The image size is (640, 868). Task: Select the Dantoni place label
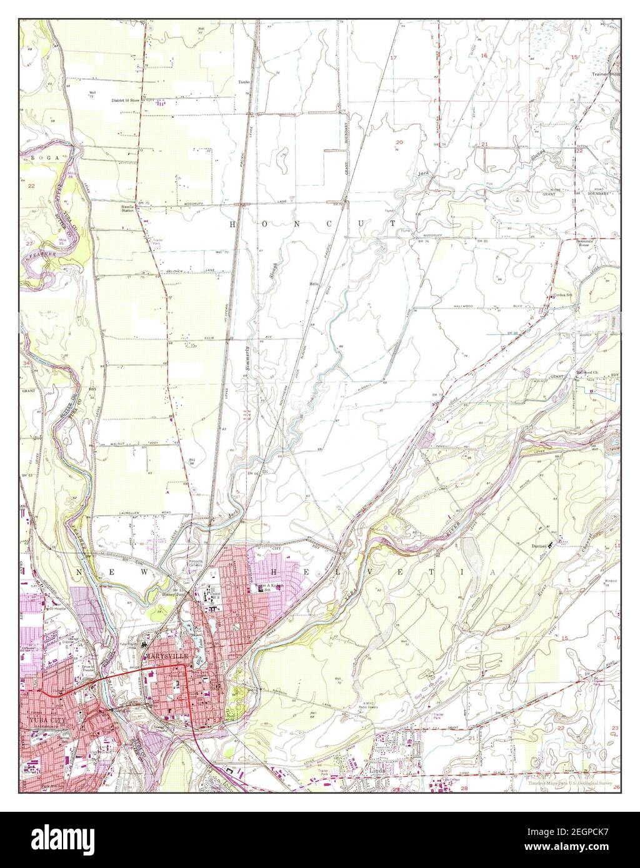tap(539, 546)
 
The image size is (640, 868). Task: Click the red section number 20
tap(399, 142)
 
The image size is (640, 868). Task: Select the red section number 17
tap(394, 57)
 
